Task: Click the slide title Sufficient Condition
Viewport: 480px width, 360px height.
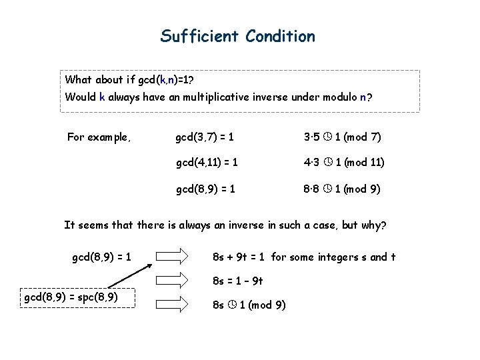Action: pyautogui.click(x=237, y=36)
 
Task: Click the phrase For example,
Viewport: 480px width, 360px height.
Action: pyautogui.click(x=99, y=138)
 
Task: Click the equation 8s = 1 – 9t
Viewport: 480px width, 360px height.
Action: pyautogui.click(x=238, y=281)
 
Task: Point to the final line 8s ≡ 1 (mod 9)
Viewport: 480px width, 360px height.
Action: pyautogui.click(x=249, y=305)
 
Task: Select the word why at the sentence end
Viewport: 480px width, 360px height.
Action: pyautogui.click(x=371, y=225)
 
